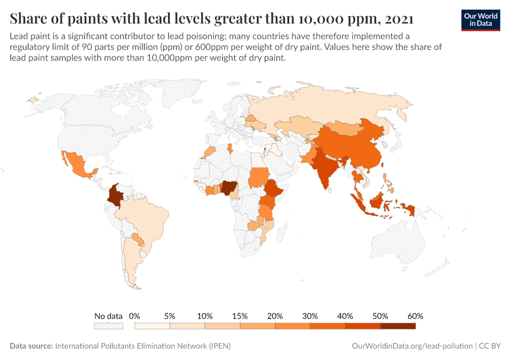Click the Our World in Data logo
(x=480, y=20)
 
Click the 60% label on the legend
(x=415, y=316)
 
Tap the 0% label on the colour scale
(x=134, y=316)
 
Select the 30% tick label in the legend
(x=310, y=316)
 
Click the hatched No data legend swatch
(x=109, y=326)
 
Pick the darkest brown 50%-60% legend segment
(x=398, y=326)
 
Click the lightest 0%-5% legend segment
(x=152, y=326)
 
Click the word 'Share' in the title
(x=29, y=18)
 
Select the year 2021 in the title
(x=396, y=18)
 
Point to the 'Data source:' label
(x=31, y=346)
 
